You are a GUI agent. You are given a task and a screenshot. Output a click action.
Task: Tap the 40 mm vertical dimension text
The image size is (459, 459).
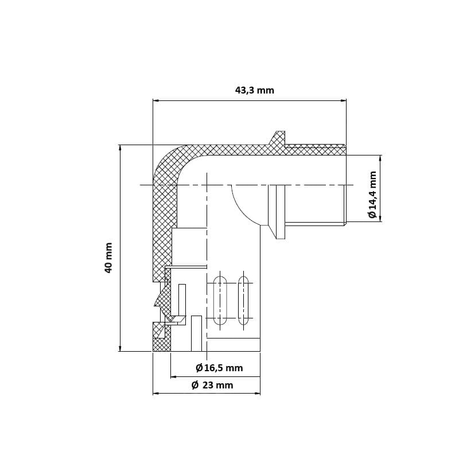[108, 258]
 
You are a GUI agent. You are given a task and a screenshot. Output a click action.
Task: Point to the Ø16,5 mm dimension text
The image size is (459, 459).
[219, 368]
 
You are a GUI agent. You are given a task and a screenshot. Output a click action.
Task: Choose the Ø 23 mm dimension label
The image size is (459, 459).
[212, 385]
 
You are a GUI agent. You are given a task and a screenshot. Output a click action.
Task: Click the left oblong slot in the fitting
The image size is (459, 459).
[219, 300]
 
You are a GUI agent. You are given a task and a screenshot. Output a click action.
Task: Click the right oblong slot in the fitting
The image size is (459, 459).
[243, 300]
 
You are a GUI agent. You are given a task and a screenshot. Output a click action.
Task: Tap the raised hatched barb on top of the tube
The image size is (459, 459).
[278, 139]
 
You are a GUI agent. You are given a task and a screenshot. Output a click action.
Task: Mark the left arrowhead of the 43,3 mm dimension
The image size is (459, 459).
[156, 100]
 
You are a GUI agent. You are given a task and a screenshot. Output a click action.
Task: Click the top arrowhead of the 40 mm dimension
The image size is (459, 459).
[120, 148]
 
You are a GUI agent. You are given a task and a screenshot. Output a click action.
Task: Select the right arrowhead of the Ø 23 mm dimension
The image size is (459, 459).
[257, 394]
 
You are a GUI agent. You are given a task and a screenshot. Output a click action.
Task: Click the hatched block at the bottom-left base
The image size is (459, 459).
[162, 344]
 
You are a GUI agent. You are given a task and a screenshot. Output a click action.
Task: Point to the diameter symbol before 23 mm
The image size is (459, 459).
[195, 385]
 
